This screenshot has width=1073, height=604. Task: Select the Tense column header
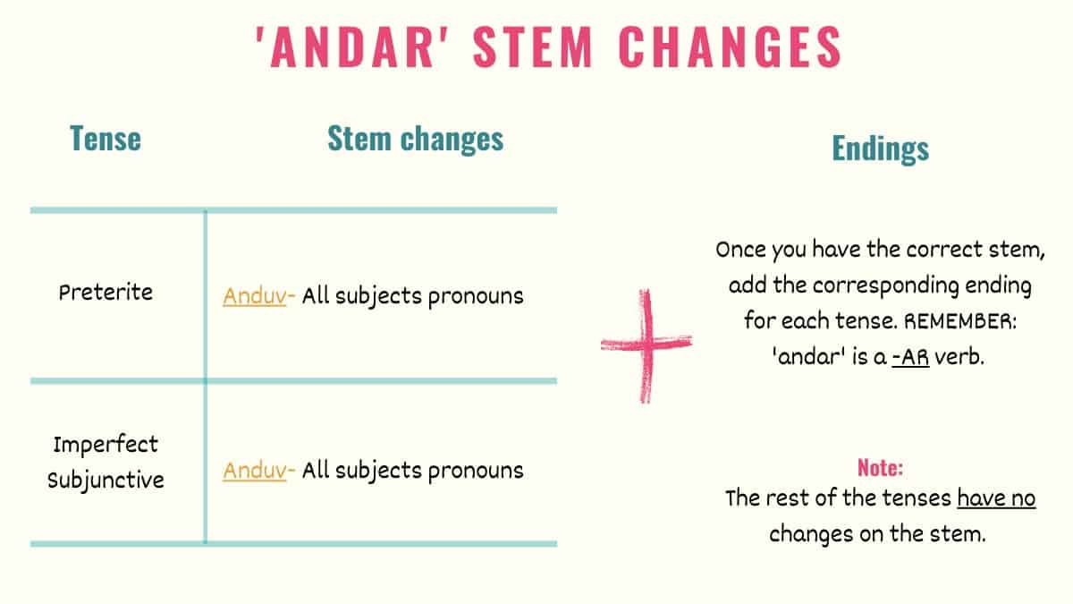tap(105, 140)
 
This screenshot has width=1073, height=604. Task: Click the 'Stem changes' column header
tap(415, 139)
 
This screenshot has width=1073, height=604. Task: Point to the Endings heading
tap(880, 149)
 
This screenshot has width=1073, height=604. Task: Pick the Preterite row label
tap(106, 293)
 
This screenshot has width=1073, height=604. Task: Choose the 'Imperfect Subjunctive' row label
tap(106, 462)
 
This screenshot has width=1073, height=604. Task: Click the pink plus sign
tap(646, 345)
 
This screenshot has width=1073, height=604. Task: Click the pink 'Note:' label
tap(880, 468)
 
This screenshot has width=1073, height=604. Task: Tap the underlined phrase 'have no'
tap(996, 498)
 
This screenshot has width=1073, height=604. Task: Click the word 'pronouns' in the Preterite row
tap(475, 296)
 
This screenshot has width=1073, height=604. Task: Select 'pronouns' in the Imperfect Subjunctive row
tap(475, 470)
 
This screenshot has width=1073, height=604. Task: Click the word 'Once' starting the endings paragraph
tap(741, 251)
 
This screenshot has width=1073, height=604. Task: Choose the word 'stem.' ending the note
tap(959, 534)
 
